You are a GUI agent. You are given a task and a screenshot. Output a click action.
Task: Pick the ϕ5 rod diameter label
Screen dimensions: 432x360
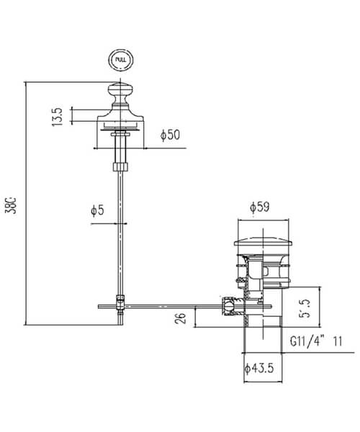point(97,210)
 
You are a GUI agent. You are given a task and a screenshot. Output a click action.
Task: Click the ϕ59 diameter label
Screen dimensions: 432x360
point(260,207)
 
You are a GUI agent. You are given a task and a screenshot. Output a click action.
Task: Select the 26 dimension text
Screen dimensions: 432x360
point(181,317)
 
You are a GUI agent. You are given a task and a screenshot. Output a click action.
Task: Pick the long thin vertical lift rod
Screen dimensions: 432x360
point(120,230)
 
